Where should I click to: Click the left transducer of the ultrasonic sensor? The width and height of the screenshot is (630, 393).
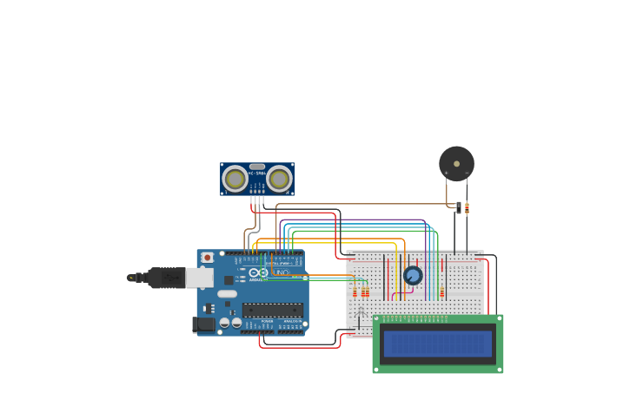235,180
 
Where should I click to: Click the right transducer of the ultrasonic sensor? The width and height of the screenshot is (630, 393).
278,180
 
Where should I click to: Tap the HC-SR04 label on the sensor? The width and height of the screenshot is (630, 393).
256,174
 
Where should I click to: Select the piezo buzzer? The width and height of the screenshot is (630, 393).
456,163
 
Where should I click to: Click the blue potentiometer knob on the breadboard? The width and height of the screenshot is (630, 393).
413,275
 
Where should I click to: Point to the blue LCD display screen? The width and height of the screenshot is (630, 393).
438,344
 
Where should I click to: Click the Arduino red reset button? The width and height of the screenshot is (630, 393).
207,258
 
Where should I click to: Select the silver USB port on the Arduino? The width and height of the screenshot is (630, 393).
199,278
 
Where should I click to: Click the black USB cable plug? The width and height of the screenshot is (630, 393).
165,278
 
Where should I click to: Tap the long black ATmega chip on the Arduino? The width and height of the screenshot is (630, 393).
273,310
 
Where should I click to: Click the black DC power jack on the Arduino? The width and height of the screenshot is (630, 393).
202,324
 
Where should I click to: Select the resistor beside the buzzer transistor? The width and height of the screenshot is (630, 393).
467,208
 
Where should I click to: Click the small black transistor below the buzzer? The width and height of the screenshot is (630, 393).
458,207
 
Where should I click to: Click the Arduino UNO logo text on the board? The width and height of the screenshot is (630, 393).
280,273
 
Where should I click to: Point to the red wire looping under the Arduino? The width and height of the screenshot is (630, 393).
300,347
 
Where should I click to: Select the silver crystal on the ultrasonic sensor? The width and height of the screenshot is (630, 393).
256,167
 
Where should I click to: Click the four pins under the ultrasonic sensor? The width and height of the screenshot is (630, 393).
256,200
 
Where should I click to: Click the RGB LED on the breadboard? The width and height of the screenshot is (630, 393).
361,310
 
